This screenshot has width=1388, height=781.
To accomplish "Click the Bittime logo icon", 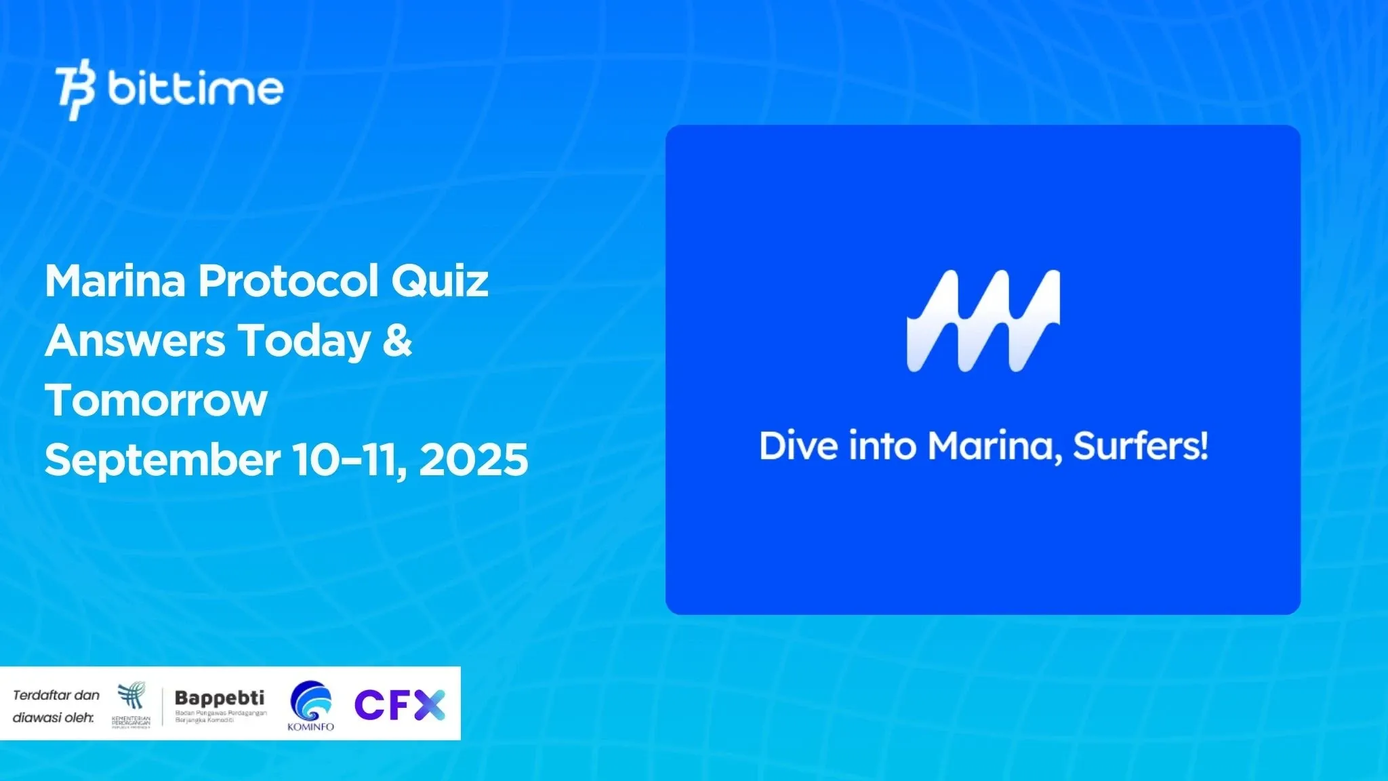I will click(x=75, y=89).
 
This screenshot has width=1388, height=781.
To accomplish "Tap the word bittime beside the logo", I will click(x=195, y=89).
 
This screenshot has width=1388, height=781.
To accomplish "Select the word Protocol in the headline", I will click(x=287, y=281).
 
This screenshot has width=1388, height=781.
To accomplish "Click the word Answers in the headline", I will click(x=135, y=340).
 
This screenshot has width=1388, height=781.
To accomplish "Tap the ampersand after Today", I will click(x=397, y=340).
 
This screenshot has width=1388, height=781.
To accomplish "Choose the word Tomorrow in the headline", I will click(x=156, y=400).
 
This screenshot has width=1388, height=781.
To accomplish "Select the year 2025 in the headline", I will click(x=474, y=460).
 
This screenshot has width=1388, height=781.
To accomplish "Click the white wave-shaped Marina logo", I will click(x=983, y=321).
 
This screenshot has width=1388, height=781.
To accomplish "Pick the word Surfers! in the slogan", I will click(x=1141, y=446).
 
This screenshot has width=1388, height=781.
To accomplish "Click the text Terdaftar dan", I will click(x=56, y=695).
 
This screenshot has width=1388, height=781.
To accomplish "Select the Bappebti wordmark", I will click(x=220, y=698).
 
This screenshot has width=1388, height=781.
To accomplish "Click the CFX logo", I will click(x=400, y=704).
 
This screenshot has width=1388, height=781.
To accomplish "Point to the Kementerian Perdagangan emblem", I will click(x=131, y=697).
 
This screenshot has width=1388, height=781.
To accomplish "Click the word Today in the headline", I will click(x=304, y=340).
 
